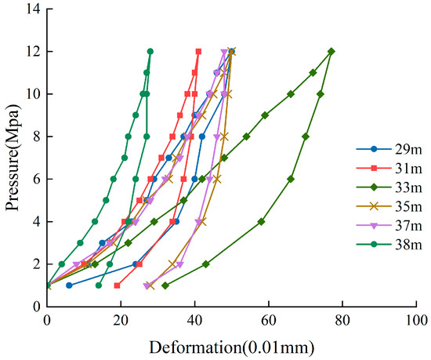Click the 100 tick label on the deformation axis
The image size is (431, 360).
pos(416,320)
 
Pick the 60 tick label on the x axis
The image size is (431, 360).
pos(268,320)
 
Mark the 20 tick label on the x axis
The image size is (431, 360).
pos(121,320)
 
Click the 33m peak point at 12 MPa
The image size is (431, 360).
pos(331,52)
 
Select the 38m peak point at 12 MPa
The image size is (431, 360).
pos(150,52)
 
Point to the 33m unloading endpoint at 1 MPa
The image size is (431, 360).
pos(165,285)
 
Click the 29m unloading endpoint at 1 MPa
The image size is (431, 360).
pos(69,285)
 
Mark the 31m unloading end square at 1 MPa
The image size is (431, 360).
pos(117,285)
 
